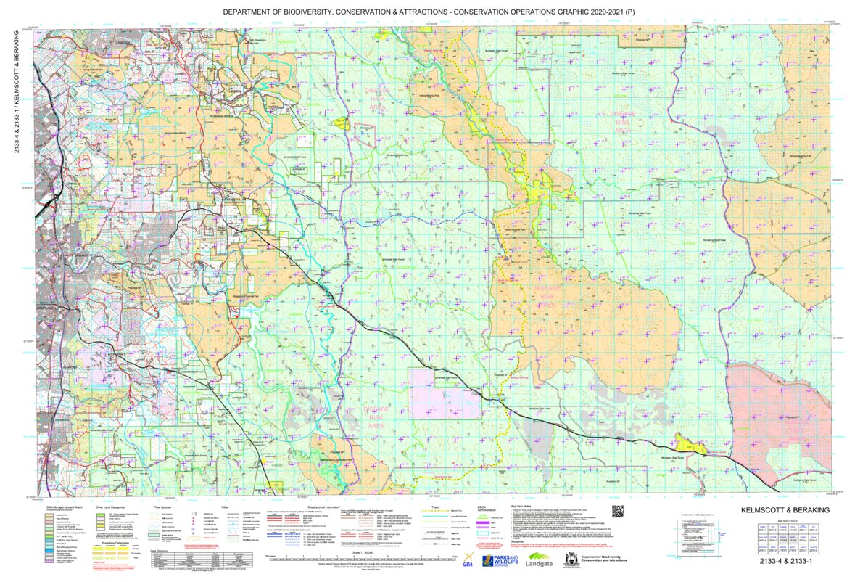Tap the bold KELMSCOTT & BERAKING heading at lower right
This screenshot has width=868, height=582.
(786, 511)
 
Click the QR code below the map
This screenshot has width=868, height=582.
(618, 511)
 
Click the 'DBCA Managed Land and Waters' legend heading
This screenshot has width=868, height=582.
(65, 507)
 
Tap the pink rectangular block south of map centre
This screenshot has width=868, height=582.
(445, 393)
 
